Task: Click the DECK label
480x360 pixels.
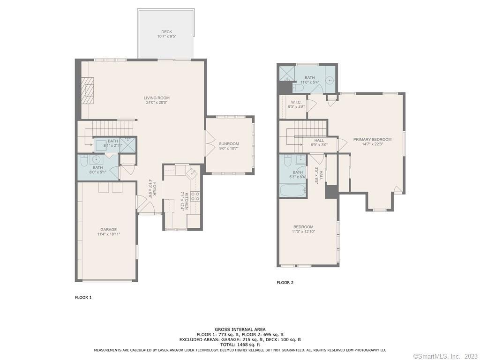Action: point(166,32)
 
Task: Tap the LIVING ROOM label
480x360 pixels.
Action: point(157,98)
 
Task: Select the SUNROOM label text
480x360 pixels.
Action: point(229,144)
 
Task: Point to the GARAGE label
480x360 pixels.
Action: point(109,230)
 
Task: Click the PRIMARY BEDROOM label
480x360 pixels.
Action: point(372,139)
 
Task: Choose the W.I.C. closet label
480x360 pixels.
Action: point(296,102)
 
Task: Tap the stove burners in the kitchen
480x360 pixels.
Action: point(195,196)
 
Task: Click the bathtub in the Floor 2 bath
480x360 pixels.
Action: point(293,190)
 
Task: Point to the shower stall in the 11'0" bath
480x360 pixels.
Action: point(285,75)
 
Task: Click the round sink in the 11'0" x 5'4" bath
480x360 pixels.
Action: point(330,80)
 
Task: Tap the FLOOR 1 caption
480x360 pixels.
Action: point(83,297)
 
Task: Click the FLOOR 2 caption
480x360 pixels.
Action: point(285,283)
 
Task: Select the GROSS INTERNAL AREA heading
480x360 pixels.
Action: point(240,330)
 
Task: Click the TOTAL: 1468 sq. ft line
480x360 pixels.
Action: point(240,345)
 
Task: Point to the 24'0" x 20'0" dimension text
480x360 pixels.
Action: point(157,103)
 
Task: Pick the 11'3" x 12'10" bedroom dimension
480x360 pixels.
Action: point(303,232)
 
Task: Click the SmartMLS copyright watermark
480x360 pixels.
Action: point(445,356)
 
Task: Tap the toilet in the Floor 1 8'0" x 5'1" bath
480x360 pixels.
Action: point(84,160)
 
